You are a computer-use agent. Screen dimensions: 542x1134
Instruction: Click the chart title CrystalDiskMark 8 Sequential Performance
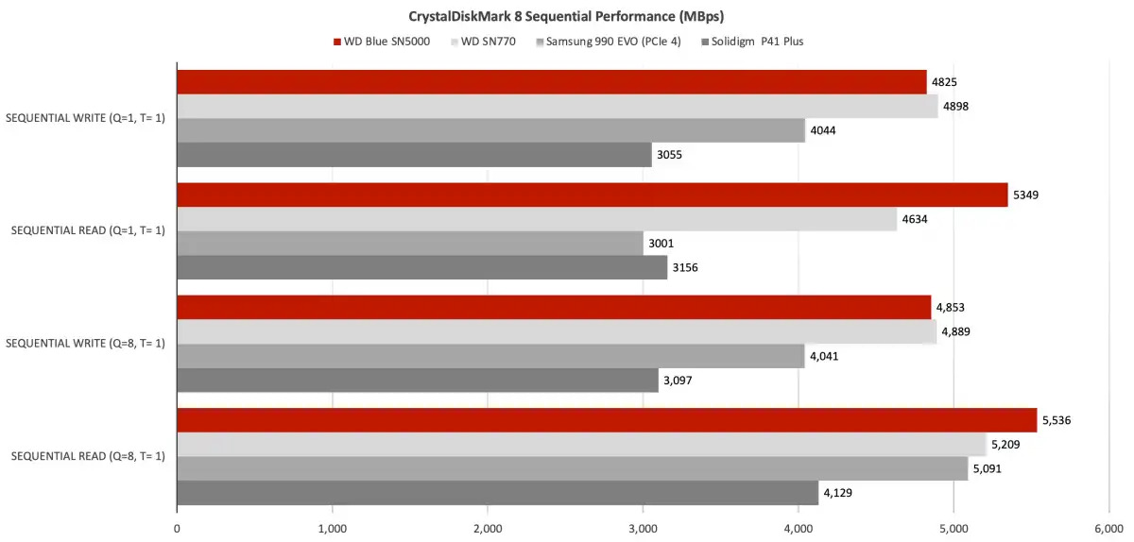point(566,16)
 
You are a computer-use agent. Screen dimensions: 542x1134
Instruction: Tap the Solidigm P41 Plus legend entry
point(756,42)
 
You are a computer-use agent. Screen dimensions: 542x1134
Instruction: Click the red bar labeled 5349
point(592,195)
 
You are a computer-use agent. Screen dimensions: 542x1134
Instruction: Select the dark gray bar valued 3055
point(414,155)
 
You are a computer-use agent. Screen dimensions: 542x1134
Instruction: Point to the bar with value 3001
point(410,244)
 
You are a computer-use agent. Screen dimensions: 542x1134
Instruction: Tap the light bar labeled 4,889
point(556,331)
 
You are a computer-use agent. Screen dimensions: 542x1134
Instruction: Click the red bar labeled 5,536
point(607,420)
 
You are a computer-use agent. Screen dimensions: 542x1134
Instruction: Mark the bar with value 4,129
point(497,493)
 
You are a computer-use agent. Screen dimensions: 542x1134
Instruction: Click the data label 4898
point(956,106)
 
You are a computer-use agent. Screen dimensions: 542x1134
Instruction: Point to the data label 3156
point(685,267)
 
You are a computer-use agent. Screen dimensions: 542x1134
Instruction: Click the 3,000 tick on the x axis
point(643,530)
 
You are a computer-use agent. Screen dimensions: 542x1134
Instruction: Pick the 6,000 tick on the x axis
point(1108,530)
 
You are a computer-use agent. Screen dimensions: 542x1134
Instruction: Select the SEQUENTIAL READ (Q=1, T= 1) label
point(86,230)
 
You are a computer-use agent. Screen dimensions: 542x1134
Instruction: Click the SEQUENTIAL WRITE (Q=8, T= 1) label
point(86,343)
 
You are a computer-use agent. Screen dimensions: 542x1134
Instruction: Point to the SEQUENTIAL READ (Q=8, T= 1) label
point(86,456)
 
